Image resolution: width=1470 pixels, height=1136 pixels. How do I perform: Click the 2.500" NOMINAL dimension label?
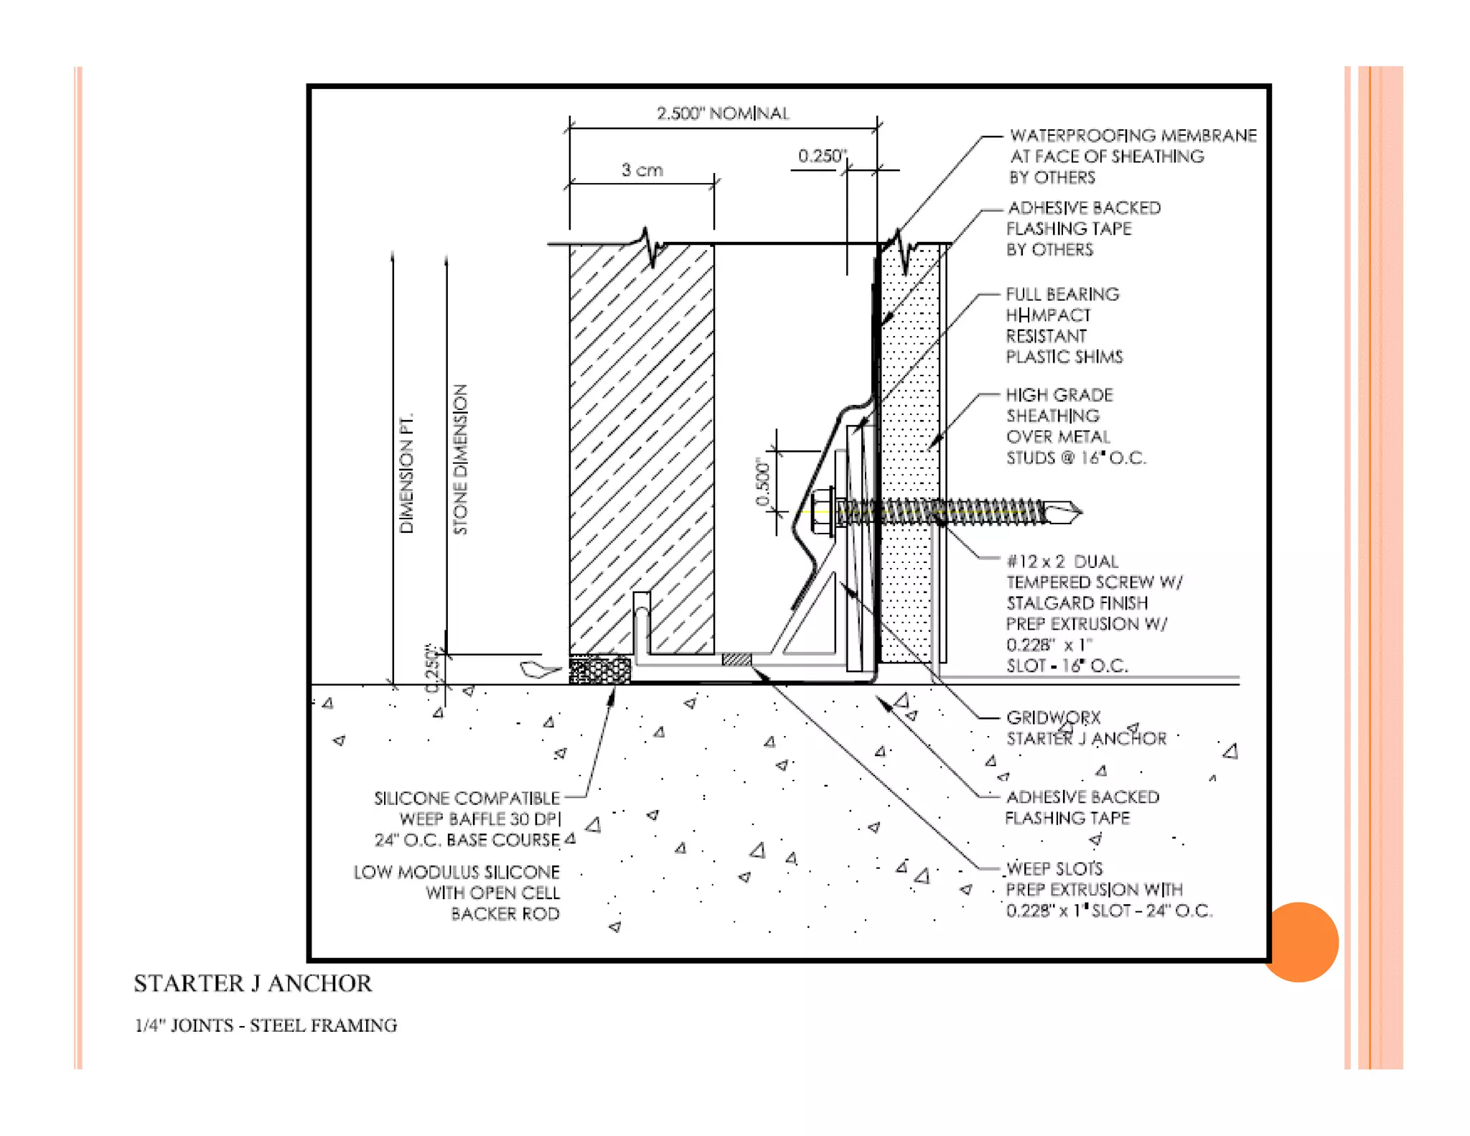click(722, 113)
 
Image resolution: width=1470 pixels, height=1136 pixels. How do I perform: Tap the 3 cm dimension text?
click(642, 170)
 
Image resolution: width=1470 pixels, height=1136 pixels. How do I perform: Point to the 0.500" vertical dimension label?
click(762, 483)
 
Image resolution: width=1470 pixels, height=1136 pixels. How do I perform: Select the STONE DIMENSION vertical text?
click(460, 460)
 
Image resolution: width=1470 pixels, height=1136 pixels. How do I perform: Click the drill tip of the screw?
click(1069, 513)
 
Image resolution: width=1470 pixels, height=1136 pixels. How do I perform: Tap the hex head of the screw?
click(821, 511)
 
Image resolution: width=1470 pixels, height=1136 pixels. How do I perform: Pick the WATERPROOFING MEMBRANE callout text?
click(1133, 136)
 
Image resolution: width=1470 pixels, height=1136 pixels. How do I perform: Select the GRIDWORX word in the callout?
click(1053, 717)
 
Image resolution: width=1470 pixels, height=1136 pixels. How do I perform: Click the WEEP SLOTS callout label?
click(1054, 869)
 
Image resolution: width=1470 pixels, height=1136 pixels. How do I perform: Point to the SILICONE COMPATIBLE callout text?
click(467, 799)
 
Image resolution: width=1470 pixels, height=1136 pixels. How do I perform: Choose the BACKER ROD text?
click(505, 914)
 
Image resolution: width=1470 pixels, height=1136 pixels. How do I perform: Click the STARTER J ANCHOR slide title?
click(253, 983)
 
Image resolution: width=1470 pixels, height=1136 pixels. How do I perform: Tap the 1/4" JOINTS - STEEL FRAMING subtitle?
click(266, 1025)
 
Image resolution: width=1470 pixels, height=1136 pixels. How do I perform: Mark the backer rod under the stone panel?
click(599, 670)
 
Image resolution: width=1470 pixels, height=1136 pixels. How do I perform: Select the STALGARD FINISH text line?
click(1077, 603)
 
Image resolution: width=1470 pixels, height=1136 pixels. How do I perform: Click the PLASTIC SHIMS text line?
click(1064, 357)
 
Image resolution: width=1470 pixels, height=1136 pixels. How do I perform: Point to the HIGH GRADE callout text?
click(1059, 395)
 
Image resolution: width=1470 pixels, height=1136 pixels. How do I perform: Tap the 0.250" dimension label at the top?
click(822, 156)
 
